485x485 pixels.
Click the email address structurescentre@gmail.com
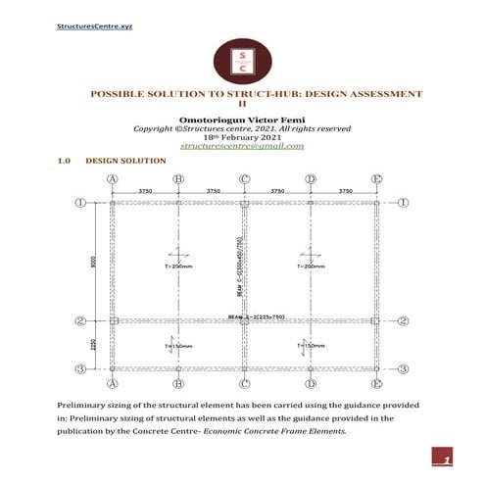point(242,146)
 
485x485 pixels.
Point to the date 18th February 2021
point(242,137)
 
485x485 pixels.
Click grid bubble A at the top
point(113,179)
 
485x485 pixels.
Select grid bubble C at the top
point(244,179)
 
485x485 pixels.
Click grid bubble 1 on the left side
point(82,203)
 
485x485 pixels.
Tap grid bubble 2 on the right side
point(403,320)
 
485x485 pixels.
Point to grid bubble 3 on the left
point(82,368)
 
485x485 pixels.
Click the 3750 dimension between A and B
point(145,190)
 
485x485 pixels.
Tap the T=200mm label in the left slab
point(178,266)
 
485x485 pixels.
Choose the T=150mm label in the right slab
point(311,346)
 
